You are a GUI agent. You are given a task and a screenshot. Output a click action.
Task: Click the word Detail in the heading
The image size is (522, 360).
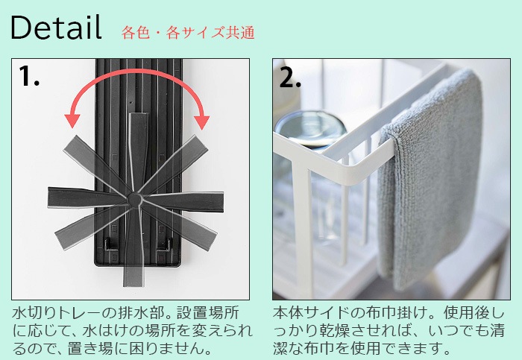pos(56,28)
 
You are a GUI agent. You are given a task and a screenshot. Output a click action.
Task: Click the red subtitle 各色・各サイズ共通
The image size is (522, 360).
pos(188,33)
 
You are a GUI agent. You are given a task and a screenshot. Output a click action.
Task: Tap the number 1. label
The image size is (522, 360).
pos(30,76)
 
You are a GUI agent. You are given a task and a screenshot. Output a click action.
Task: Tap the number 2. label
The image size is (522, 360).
pos(290,78)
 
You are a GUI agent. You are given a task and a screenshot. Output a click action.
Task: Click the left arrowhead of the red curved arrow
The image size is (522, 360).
pos(73,119)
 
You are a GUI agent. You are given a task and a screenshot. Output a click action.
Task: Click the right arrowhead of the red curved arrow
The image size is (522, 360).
pos(201,119)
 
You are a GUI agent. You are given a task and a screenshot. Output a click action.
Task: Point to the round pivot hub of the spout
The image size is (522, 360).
pos(135,198)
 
